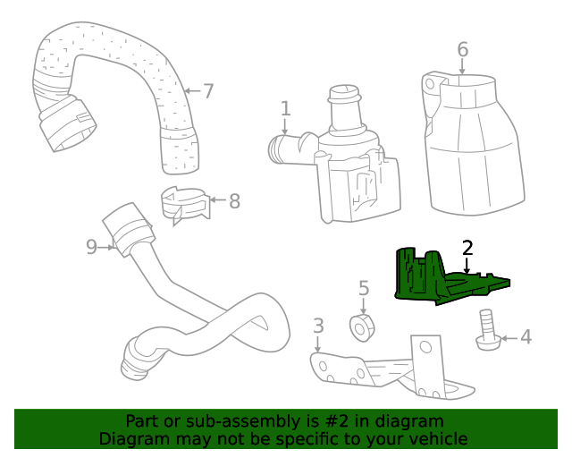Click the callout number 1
coord(285,109)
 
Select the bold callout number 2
coord(467,248)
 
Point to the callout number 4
coord(526,337)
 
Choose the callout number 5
coord(364,288)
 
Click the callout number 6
coord(462,48)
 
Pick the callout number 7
coord(208,90)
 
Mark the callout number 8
coord(234,201)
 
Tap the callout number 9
coord(91,246)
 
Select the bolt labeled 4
coord(486,331)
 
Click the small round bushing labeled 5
coord(362,327)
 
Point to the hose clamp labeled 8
coord(185,203)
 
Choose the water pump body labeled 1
coord(353,174)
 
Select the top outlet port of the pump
coord(344,98)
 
